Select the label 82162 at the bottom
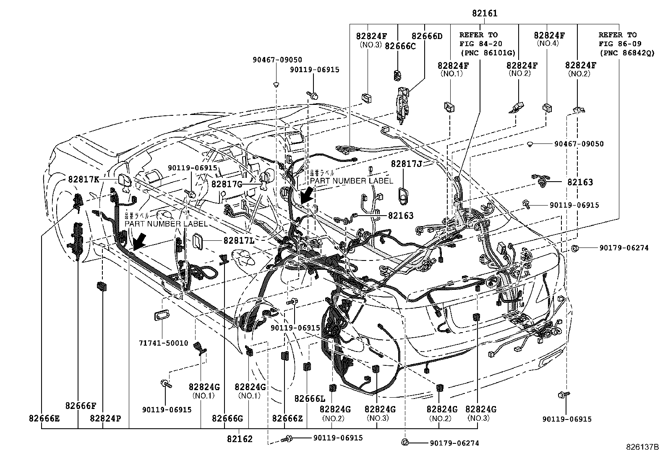click(x=240, y=439)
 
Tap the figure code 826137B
click(x=642, y=447)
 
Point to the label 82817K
click(x=83, y=180)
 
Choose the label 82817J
click(x=406, y=164)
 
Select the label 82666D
click(x=427, y=36)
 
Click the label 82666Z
click(x=287, y=418)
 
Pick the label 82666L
click(x=310, y=398)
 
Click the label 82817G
click(x=227, y=184)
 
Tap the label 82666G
click(x=227, y=418)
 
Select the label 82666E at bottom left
click(x=44, y=418)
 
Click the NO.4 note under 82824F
click(x=548, y=43)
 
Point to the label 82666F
click(x=81, y=406)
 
